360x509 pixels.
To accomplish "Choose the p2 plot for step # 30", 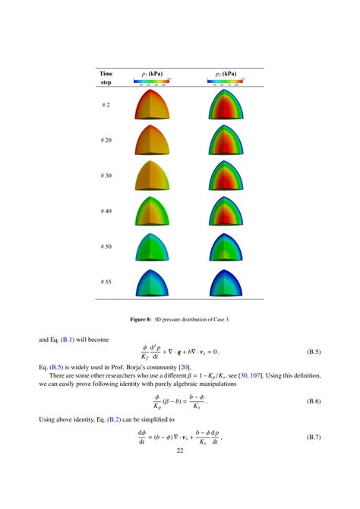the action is coord(226,175).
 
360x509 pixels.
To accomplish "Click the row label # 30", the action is coord(106,175).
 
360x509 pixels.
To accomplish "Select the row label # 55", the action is coord(106,282).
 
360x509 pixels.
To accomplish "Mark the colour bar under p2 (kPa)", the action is coord(226,81).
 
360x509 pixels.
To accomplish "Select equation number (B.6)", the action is coord(313,400).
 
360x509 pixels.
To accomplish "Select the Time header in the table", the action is coord(106,74).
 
